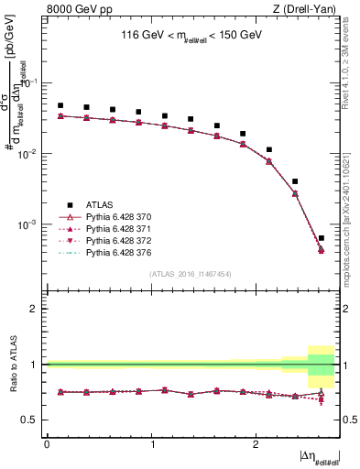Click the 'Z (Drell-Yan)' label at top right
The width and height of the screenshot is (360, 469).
click(308, 10)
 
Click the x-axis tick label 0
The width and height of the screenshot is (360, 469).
click(47, 444)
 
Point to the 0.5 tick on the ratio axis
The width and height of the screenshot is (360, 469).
click(31, 420)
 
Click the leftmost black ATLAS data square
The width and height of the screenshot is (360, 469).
click(60, 105)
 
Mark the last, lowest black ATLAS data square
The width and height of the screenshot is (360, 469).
click(321, 238)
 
